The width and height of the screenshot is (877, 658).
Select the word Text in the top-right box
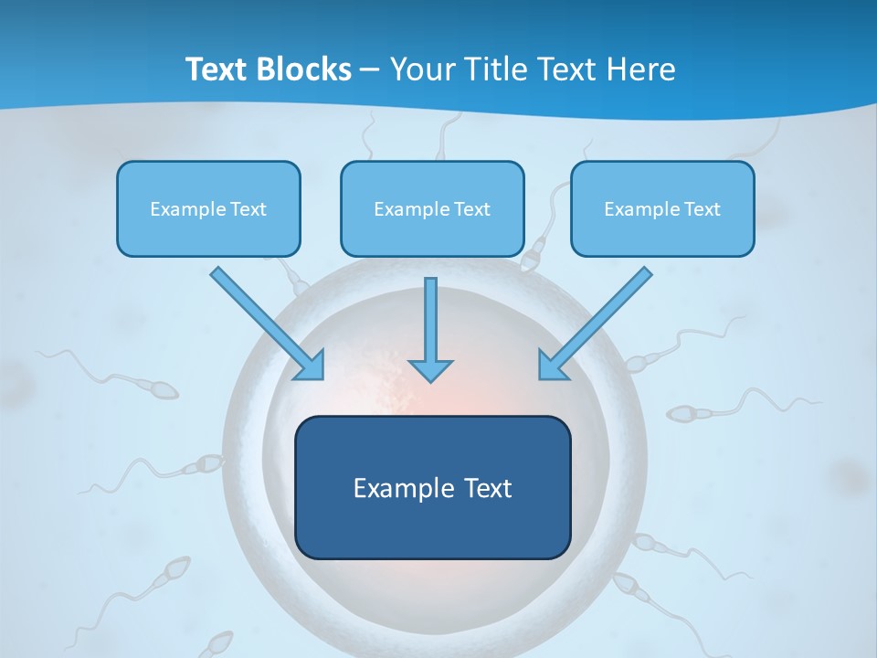point(702,209)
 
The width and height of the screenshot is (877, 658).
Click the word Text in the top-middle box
point(471,209)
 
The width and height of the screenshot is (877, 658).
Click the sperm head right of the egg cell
point(681,413)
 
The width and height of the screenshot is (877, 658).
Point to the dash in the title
point(370,69)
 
